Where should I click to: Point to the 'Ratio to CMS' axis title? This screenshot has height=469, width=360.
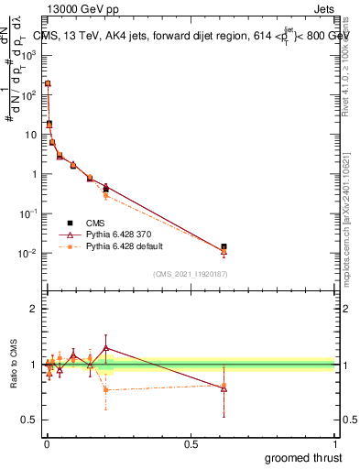tap(13, 365)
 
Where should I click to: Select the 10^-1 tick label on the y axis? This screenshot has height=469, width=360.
tap(27, 213)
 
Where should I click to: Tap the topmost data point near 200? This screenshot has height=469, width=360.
tap(48, 83)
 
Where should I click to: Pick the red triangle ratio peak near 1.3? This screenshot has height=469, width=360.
tap(106, 348)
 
